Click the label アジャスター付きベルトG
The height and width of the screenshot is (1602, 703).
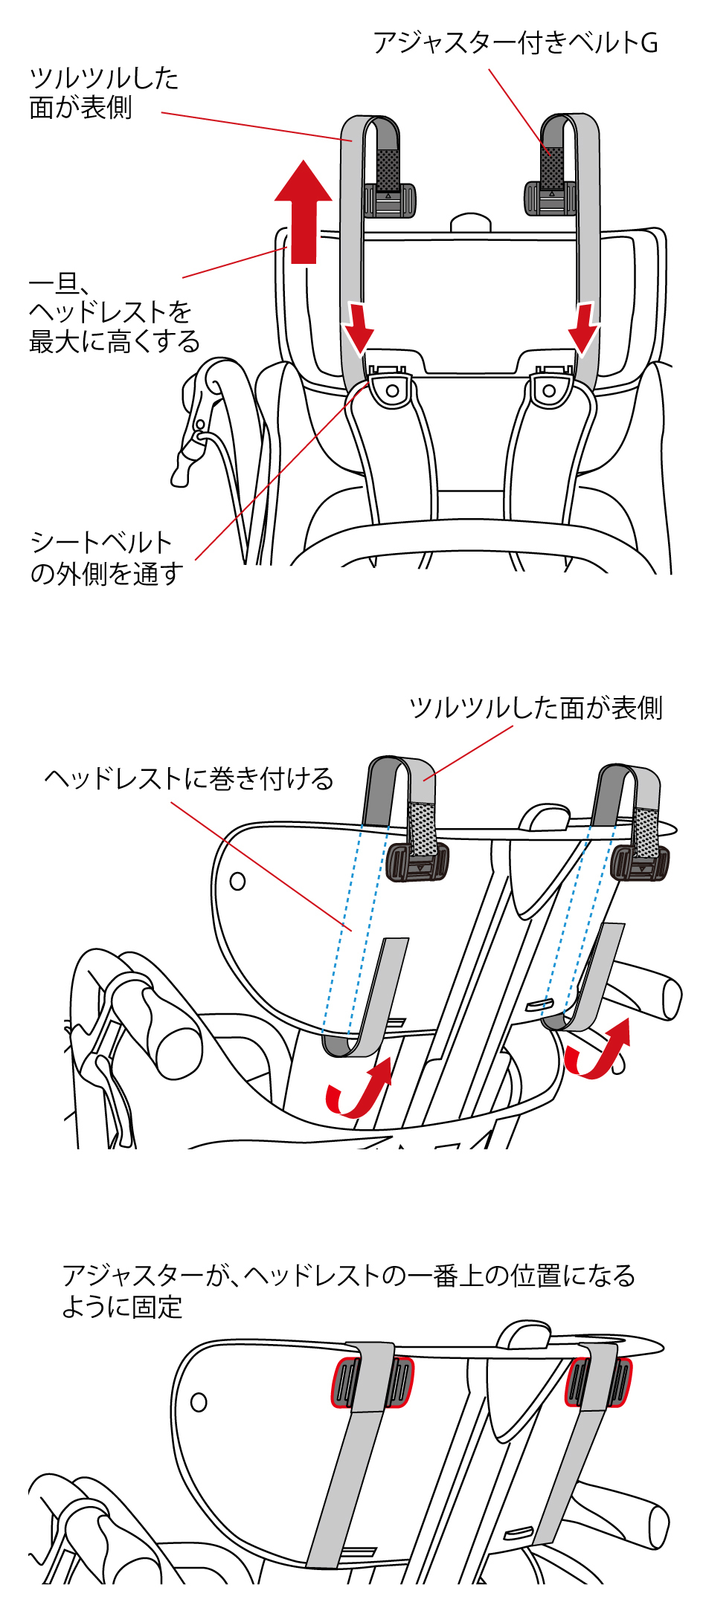[x=515, y=43]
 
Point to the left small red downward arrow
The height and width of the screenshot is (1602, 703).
[x=359, y=328]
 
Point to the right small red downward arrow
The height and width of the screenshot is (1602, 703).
[x=585, y=328]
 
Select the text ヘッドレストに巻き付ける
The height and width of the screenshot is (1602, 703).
[x=189, y=779]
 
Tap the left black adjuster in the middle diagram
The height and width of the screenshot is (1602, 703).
[x=417, y=862]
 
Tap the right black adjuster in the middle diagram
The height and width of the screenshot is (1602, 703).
[x=640, y=862]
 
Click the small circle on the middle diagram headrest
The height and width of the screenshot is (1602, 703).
[x=237, y=881]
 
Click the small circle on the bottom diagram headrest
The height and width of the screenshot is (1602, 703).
[x=199, y=1402]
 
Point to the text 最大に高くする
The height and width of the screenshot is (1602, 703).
[x=115, y=343]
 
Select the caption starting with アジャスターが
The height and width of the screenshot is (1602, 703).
[x=348, y=1291]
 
